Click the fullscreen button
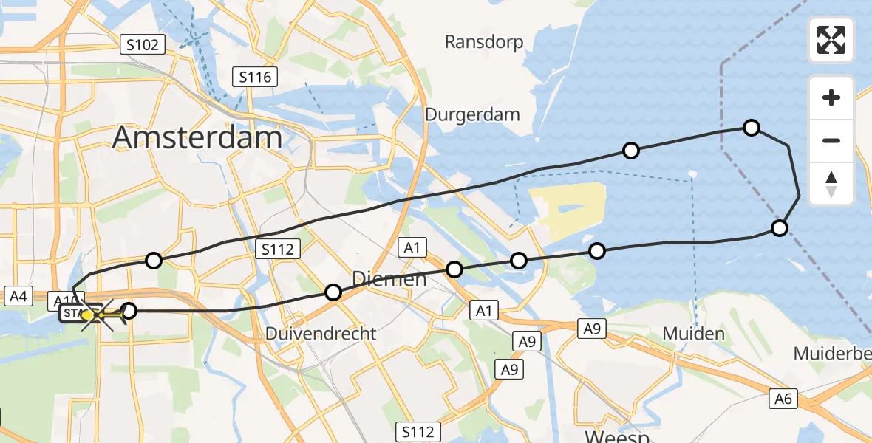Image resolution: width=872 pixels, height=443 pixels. [831, 40]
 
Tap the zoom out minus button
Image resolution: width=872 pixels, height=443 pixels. [831, 140]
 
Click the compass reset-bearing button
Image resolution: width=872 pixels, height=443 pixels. [831, 184]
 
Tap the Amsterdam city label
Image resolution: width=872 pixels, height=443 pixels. [197, 138]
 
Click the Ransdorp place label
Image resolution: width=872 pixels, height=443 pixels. [484, 42]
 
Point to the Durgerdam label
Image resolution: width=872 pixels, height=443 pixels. [472, 114]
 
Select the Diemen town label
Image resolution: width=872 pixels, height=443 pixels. [389, 279]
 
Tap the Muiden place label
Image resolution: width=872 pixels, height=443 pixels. [693, 334]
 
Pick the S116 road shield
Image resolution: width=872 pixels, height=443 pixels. [255, 76]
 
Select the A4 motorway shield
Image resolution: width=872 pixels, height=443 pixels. [18, 297]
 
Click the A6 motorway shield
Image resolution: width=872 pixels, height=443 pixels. [784, 399]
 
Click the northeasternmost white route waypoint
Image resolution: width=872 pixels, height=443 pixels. [751, 128]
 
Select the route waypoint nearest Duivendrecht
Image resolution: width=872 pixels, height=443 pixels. [333, 292]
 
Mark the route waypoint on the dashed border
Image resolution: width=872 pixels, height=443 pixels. [779, 227]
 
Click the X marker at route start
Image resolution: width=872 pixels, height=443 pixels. [96, 315]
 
